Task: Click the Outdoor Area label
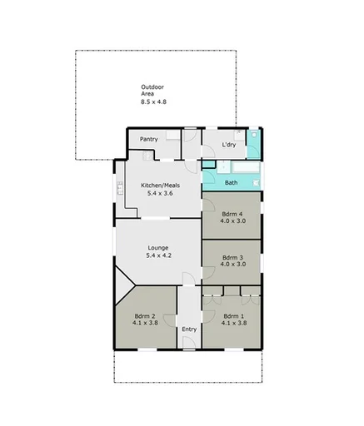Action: tap(152, 90)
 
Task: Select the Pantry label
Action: tap(150, 139)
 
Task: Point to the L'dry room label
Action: tap(229, 146)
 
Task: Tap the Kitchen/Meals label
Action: tap(161, 185)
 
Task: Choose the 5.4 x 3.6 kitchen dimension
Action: tap(161, 193)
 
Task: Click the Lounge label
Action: tap(158, 247)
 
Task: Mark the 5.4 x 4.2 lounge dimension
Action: tap(158, 255)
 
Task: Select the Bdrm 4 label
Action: tap(232, 213)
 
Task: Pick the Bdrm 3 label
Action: tap(232, 257)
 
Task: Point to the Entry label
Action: tap(189, 329)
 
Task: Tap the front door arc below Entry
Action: tap(190, 344)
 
